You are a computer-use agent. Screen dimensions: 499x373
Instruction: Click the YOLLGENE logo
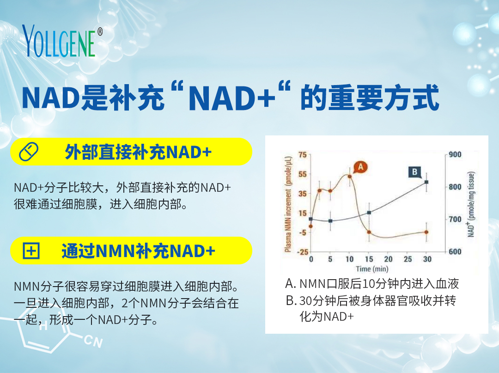[x=59, y=41]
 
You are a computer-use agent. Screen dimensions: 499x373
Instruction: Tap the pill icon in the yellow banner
[x=29, y=152]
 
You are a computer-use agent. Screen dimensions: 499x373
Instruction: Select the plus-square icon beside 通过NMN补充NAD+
[x=31, y=251]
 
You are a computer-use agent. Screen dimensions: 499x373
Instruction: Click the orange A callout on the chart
[x=360, y=167]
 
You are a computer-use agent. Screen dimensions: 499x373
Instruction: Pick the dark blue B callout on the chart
[x=415, y=172]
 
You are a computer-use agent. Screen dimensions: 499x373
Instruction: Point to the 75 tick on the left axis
[x=302, y=155]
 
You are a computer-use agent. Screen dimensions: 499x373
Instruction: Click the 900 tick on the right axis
[x=455, y=155]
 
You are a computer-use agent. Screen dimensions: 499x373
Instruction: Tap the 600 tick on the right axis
[x=455, y=252]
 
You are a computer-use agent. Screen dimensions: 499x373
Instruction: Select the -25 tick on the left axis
[x=302, y=252]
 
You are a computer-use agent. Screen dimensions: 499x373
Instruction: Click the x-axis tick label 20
[x=388, y=259]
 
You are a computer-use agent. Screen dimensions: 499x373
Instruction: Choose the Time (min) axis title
[x=372, y=269]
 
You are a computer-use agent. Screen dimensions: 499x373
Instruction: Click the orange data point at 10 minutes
[x=349, y=176]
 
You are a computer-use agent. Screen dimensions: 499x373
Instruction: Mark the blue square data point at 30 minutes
[x=426, y=182]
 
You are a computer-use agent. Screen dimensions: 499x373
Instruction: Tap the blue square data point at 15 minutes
[x=369, y=213]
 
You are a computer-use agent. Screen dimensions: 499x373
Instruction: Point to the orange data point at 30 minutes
[x=426, y=232]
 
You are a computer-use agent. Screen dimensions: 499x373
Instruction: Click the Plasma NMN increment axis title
[x=288, y=204]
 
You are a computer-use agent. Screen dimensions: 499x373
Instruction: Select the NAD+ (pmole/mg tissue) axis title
[x=471, y=204]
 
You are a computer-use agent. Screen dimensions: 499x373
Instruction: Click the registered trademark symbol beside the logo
[x=100, y=31]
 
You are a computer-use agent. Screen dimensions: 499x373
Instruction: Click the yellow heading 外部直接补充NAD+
[x=138, y=152]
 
